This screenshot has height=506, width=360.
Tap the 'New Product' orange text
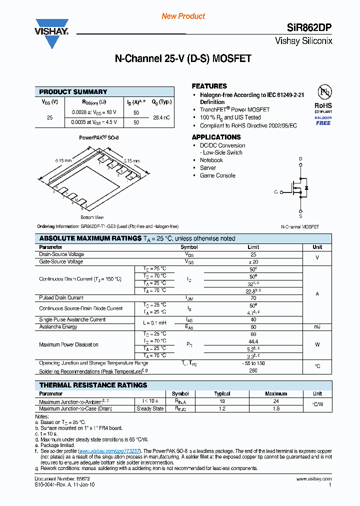click(x=183, y=16)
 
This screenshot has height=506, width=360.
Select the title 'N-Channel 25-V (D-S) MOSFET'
click(x=183, y=58)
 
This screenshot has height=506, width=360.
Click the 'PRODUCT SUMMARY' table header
click(x=73, y=92)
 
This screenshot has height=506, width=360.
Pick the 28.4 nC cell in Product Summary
click(x=161, y=117)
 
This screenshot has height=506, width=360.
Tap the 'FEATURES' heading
click(x=209, y=86)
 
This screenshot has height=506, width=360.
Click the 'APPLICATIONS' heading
click(x=216, y=137)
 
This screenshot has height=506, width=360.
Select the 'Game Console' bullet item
click(x=217, y=175)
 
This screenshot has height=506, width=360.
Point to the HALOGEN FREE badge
click(x=323, y=120)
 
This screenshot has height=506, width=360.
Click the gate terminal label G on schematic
click(x=275, y=191)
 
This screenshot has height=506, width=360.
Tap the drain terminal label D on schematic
click(x=300, y=159)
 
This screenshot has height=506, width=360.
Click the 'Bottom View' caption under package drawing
click(x=92, y=217)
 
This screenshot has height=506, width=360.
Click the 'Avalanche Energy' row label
click(x=58, y=326)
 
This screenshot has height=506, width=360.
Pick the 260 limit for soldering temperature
click(x=253, y=371)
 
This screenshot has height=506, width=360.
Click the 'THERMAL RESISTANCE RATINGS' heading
click(x=93, y=385)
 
